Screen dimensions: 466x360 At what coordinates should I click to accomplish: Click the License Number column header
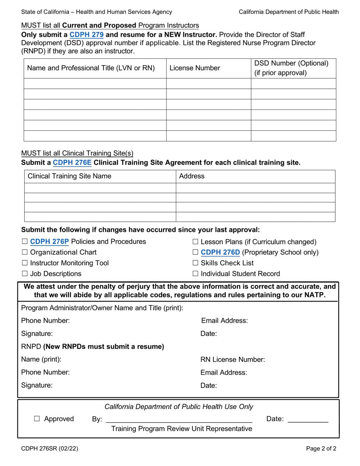pyautogui.click(x=194, y=68)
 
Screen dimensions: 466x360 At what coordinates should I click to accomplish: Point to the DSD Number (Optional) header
pyautogui.click(x=291, y=63)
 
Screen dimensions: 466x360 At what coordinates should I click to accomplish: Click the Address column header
pyautogui.click(x=191, y=176)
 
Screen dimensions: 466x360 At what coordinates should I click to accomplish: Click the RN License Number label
pyautogui.click(x=232, y=360)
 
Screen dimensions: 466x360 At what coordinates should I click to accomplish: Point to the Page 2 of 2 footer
pyautogui.click(x=321, y=449)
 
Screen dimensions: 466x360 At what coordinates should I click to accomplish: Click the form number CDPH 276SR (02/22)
pyautogui.click(x=50, y=449)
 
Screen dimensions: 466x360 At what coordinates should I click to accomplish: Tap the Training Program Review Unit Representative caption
pyautogui.click(x=181, y=428)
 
